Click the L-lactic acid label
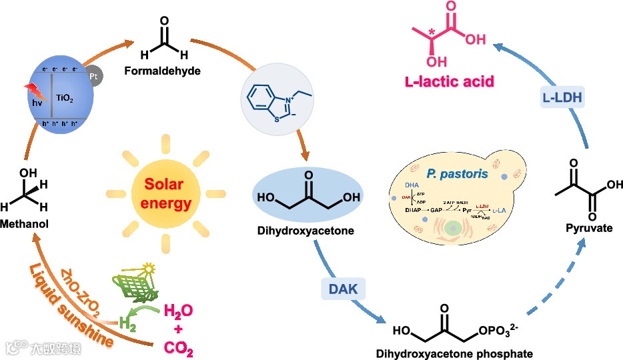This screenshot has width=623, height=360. [x=449, y=82]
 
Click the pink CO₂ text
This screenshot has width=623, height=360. [x=179, y=347]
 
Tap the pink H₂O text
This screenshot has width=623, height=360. [x=179, y=311]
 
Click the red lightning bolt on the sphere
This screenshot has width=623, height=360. [x=34, y=91]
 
